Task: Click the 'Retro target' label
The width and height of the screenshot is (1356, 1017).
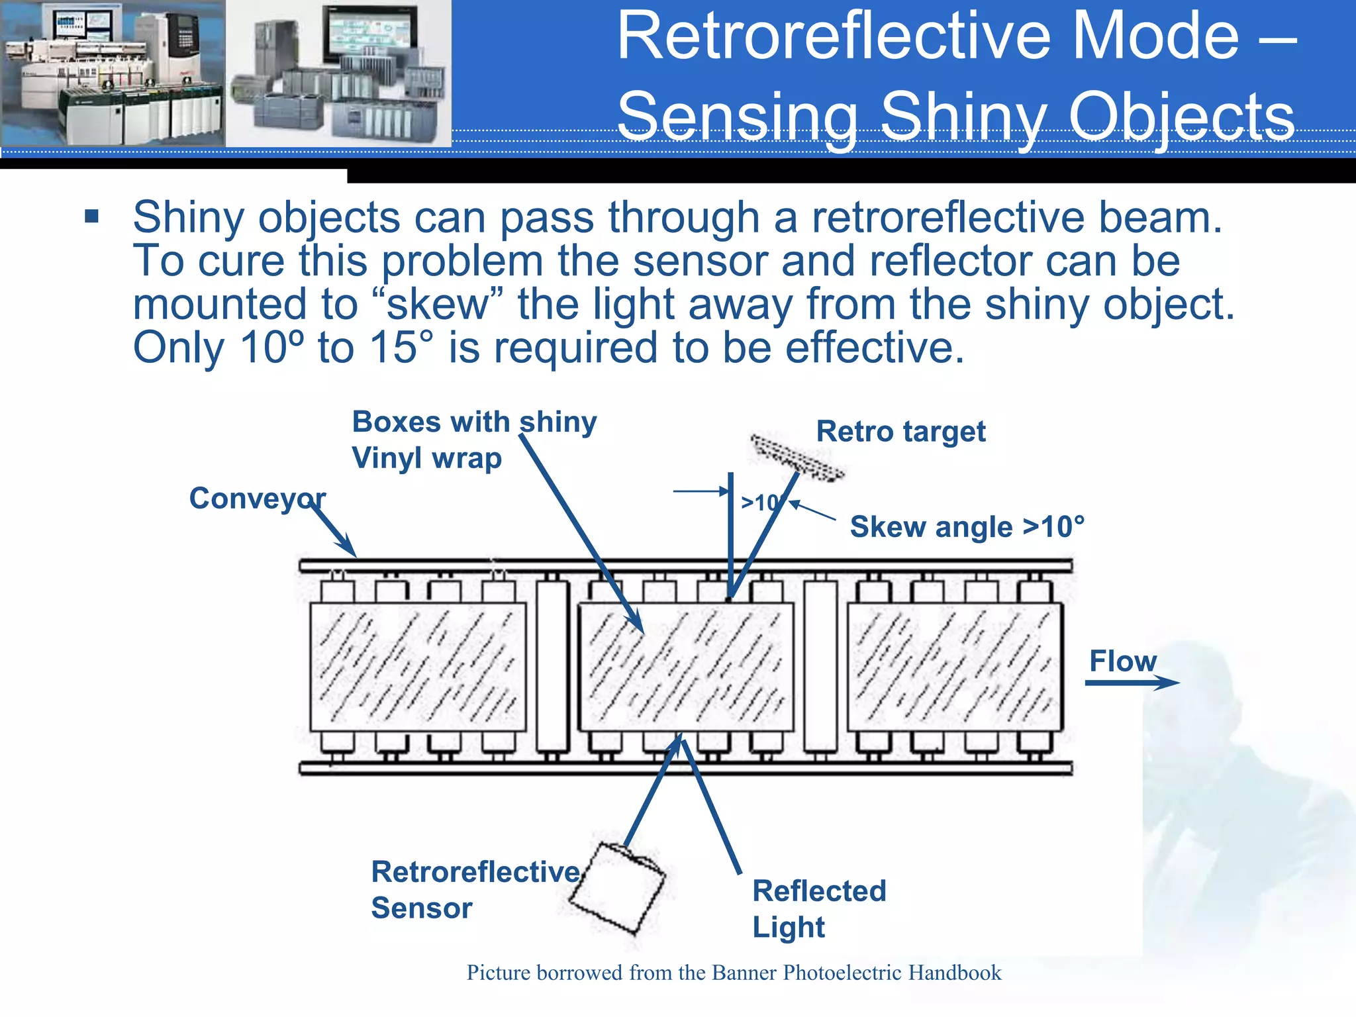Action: pyautogui.click(x=900, y=432)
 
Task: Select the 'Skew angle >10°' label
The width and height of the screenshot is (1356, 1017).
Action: pyautogui.click(x=967, y=527)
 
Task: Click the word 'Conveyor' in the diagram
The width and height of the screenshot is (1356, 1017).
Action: pyautogui.click(x=257, y=498)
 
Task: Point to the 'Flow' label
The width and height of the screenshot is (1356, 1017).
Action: pyautogui.click(x=1123, y=661)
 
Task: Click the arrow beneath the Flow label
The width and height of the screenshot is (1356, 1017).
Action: pyautogui.click(x=1132, y=683)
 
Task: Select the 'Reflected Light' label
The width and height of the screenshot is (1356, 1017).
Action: pyautogui.click(x=818, y=908)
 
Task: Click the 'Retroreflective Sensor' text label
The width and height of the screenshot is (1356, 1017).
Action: pyautogui.click(x=474, y=889)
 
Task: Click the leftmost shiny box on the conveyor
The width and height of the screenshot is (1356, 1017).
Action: pyautogui.click(x=418, y=667)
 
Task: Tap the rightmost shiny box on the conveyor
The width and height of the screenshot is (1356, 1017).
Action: pyautogui.click(x=955, y=667)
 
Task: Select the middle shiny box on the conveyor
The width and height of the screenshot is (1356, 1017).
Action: pyautogui.click(x=686, y=667)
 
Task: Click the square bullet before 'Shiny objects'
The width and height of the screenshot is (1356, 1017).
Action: pyautogui.click(x=92, y=217)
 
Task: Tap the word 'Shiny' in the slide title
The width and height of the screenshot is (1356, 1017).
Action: pyautogui.click(x=963, y=116)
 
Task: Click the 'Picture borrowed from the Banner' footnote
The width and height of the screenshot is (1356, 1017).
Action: pyautogui.click(x=734, y=972)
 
